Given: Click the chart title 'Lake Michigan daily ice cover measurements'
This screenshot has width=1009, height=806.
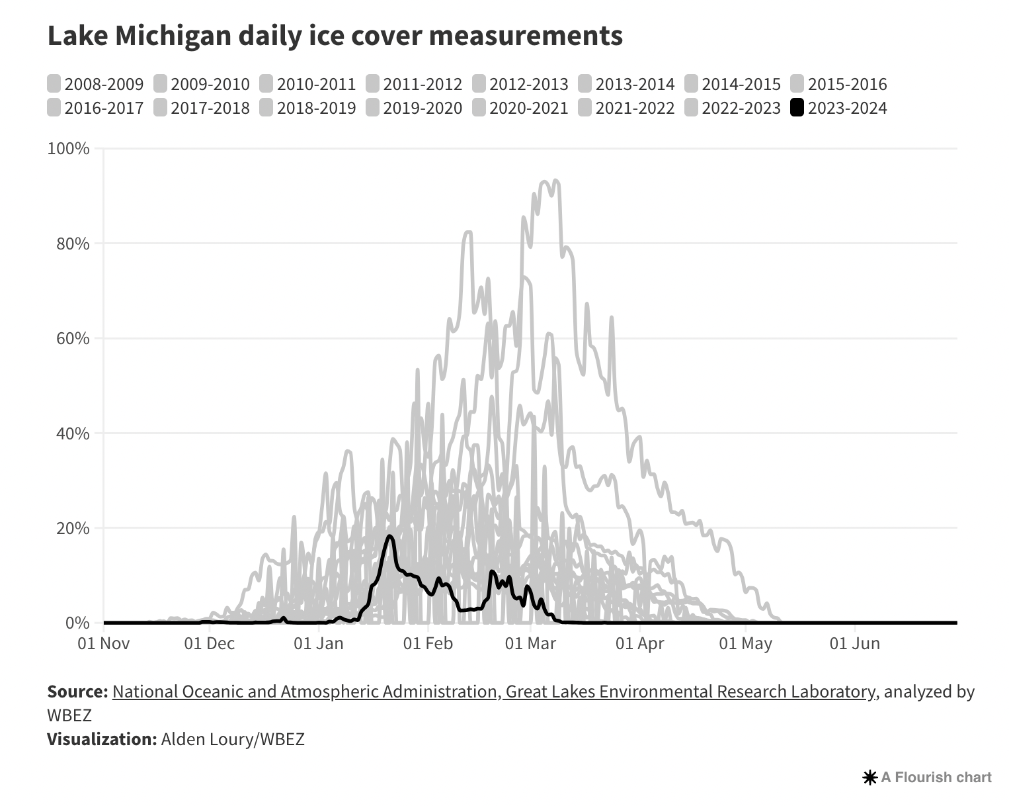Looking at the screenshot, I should point(335,36).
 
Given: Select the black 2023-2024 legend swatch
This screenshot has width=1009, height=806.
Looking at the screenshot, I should point(797,108).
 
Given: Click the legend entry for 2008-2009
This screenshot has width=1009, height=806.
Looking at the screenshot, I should point(95,85).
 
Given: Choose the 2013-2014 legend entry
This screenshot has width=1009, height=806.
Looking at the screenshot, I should point(626,85).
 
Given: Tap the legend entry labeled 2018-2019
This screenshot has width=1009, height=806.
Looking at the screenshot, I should point(307,108).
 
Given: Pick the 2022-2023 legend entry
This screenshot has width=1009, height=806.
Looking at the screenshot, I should point(733,108).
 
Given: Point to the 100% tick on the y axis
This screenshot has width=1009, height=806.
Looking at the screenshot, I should point(68,148).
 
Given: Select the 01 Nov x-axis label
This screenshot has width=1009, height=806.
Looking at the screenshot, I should point(104,643).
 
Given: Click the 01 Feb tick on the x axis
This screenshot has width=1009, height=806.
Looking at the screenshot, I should point(428,643).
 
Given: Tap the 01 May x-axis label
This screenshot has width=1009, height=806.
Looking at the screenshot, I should point(745,643).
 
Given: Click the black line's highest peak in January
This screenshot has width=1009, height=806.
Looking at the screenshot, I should point(389,536).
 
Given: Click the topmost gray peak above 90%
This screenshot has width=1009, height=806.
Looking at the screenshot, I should point(555,180).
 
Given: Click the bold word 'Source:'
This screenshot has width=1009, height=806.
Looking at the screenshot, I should point(77,692).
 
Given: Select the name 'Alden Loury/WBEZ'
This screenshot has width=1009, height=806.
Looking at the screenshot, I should point(233,739).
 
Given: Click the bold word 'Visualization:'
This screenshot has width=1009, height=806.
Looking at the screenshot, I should point(101,739).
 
